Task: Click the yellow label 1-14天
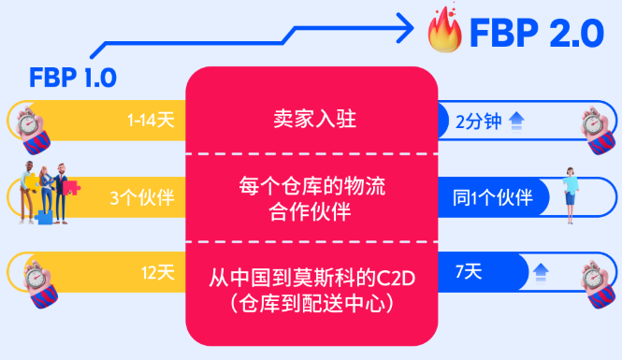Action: (x=151, y=120)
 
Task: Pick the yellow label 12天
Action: (x=157, y=273)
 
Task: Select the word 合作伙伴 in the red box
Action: (x=311, y=212)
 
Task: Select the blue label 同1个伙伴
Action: (x=492, y=197)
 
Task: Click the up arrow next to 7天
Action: (x=540, y=273)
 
